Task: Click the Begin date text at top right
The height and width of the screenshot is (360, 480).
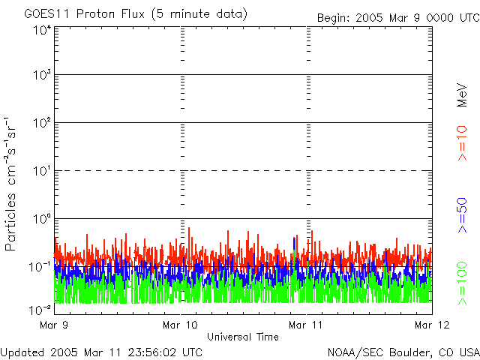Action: pos(397,17)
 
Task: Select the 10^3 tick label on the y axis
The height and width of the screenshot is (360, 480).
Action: pos(41,75)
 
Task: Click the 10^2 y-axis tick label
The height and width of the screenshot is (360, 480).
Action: pos(41,122)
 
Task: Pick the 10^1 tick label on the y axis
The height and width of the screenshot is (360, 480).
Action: pos(41,170)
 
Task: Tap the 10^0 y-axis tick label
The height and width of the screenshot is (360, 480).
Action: pos(41,218)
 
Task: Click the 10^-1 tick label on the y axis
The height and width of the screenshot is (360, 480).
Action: pos(40,266)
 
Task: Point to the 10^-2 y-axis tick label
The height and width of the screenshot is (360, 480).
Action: pos(40,307)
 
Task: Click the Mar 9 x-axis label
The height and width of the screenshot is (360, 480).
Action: pos(55,325)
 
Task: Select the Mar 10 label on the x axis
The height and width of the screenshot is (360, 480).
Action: pos(181,325)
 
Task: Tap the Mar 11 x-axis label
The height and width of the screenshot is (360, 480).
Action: pos(307,325)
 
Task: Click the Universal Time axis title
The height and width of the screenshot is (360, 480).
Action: pos(243,337)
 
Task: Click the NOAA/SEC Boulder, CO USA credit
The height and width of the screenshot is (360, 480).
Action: pos(403,352)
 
